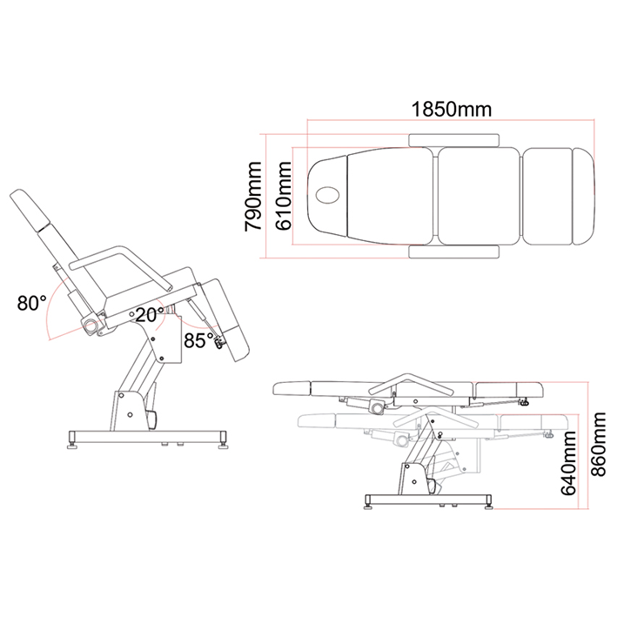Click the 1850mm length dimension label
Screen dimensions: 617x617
pyautogui.click(x=452, y=110)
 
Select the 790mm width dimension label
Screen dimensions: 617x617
pyautogui.click(x=252, y=196)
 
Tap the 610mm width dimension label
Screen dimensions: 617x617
pyautogui.click(x=284, y=196)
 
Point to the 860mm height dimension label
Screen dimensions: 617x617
pyautogui.click(x=598, y=444)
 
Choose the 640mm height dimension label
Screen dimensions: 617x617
pyautogui.click(x=568, y=463)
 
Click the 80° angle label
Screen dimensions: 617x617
pyautogui.click(x=31, y=303)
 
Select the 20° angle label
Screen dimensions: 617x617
pyautogui.click(x=150, y=315)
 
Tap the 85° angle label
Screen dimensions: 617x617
pyautogui.click(x=198, y=340)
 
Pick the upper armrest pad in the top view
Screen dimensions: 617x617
pyautogui.click(x=454, y=140)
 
